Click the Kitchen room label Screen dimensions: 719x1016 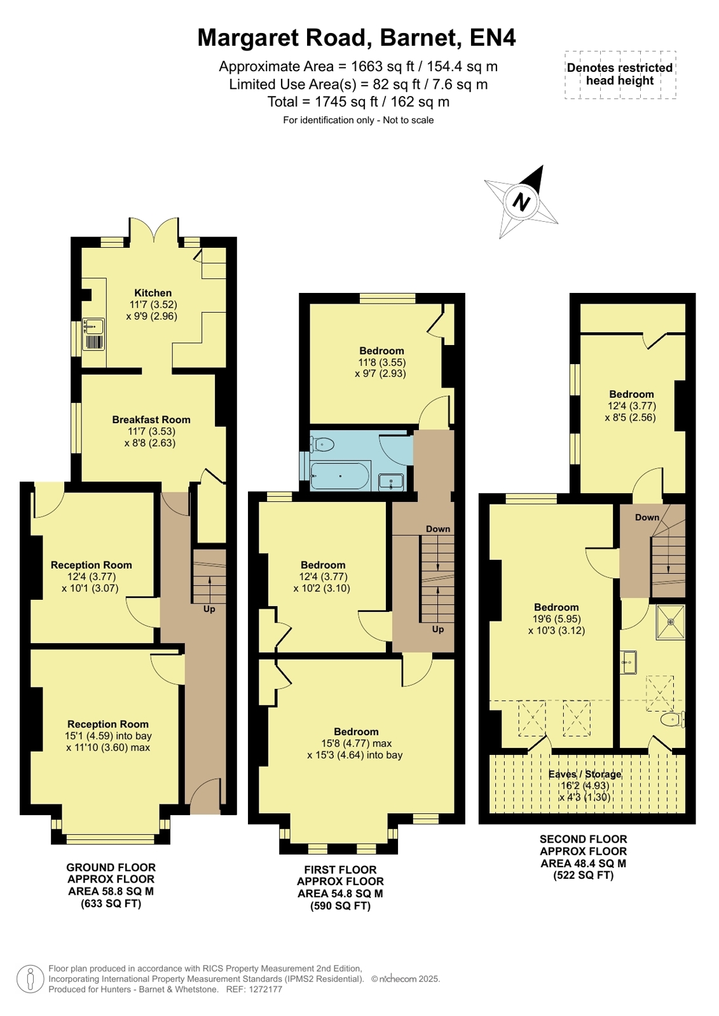coord(153,292)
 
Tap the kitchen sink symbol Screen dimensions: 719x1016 coord(93,334)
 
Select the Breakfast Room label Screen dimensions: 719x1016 coord(151,419)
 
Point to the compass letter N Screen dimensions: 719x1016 coord(521,201)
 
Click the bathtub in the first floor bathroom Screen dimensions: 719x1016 coord(341,476)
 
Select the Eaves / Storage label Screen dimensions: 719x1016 coord(585,774)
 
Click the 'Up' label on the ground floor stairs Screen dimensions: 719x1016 coord(209,609)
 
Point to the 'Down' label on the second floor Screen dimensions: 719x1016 coord(647,517)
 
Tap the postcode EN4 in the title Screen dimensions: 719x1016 coord(493,37)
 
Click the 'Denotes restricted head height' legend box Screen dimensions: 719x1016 coord(620,74)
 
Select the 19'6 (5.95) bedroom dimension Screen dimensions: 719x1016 coord(556,619)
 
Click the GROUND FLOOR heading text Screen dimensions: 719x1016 coord(111,867)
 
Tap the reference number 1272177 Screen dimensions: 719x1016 coord(264,989)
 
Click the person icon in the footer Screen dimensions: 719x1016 coord(31,979)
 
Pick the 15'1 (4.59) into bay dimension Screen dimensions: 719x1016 coord(108,736)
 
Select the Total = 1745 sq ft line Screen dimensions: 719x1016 coord(358,102)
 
